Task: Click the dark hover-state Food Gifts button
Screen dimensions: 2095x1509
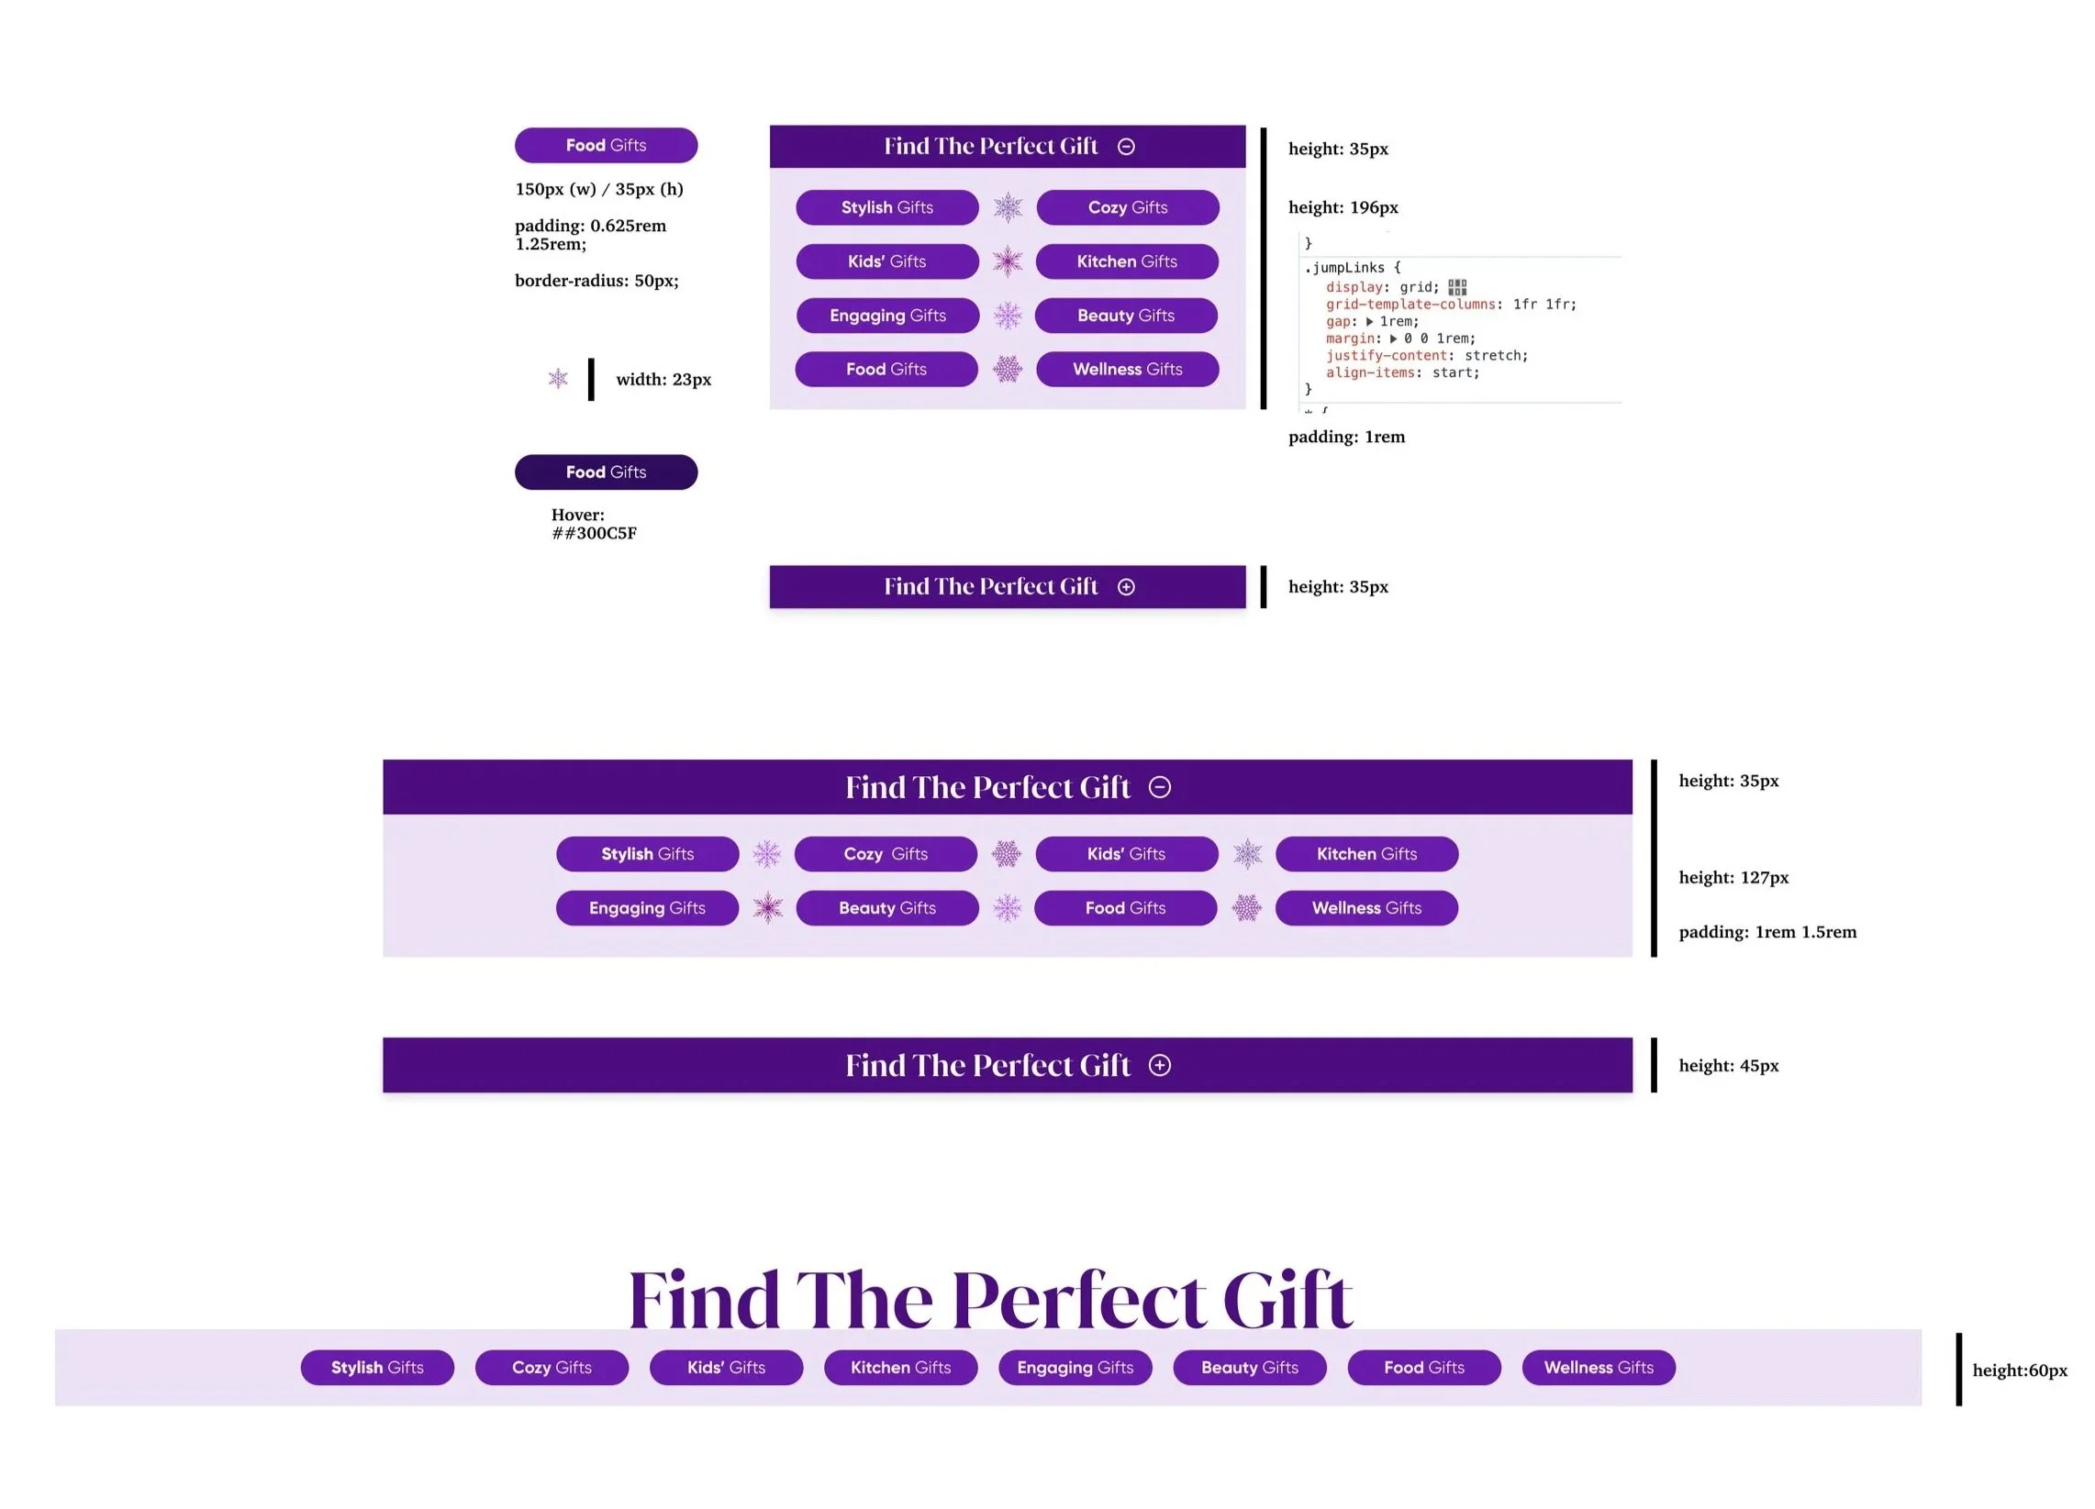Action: point(606,472)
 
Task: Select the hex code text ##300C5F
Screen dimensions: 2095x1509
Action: point(594,533)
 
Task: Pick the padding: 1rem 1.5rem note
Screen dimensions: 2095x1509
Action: point(1767,932)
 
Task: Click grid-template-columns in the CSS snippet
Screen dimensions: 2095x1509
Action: point(1410,304)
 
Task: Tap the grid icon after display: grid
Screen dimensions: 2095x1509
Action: point(1456,287)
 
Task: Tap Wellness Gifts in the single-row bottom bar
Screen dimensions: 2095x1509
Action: point(1599,1368)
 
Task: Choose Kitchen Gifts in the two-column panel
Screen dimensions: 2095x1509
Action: point(1127,261)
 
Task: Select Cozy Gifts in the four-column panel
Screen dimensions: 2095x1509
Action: point(886,854)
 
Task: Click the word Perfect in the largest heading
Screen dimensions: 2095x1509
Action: point(1078,1300)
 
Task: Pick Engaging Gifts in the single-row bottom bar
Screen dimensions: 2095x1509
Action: point(1075,1368)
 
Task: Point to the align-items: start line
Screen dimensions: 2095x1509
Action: point(1402,373)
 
